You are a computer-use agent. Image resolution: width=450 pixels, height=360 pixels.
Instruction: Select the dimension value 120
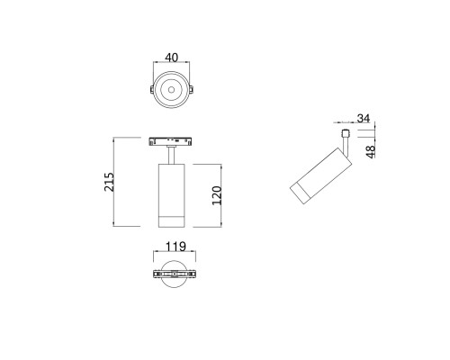217,195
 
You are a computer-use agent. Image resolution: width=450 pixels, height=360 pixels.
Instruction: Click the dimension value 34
364,118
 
